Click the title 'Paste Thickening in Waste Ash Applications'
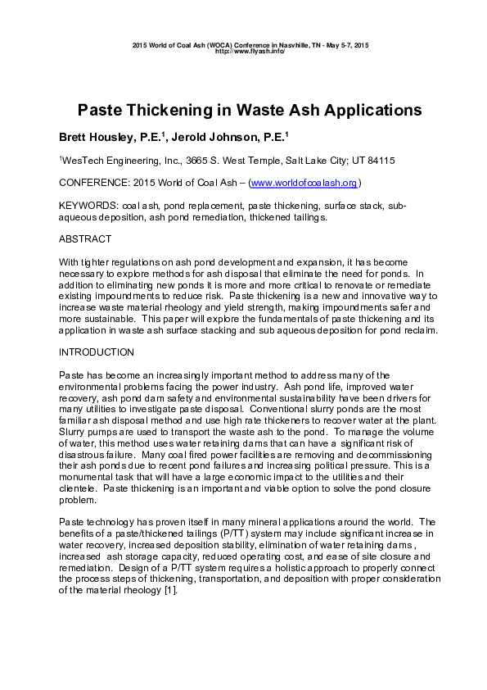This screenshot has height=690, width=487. coord(243,110)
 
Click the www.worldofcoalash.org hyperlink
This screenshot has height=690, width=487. coord(303,183)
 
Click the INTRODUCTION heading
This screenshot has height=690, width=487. coord(97,352)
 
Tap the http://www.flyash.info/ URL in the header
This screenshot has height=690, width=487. coord(250,50)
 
